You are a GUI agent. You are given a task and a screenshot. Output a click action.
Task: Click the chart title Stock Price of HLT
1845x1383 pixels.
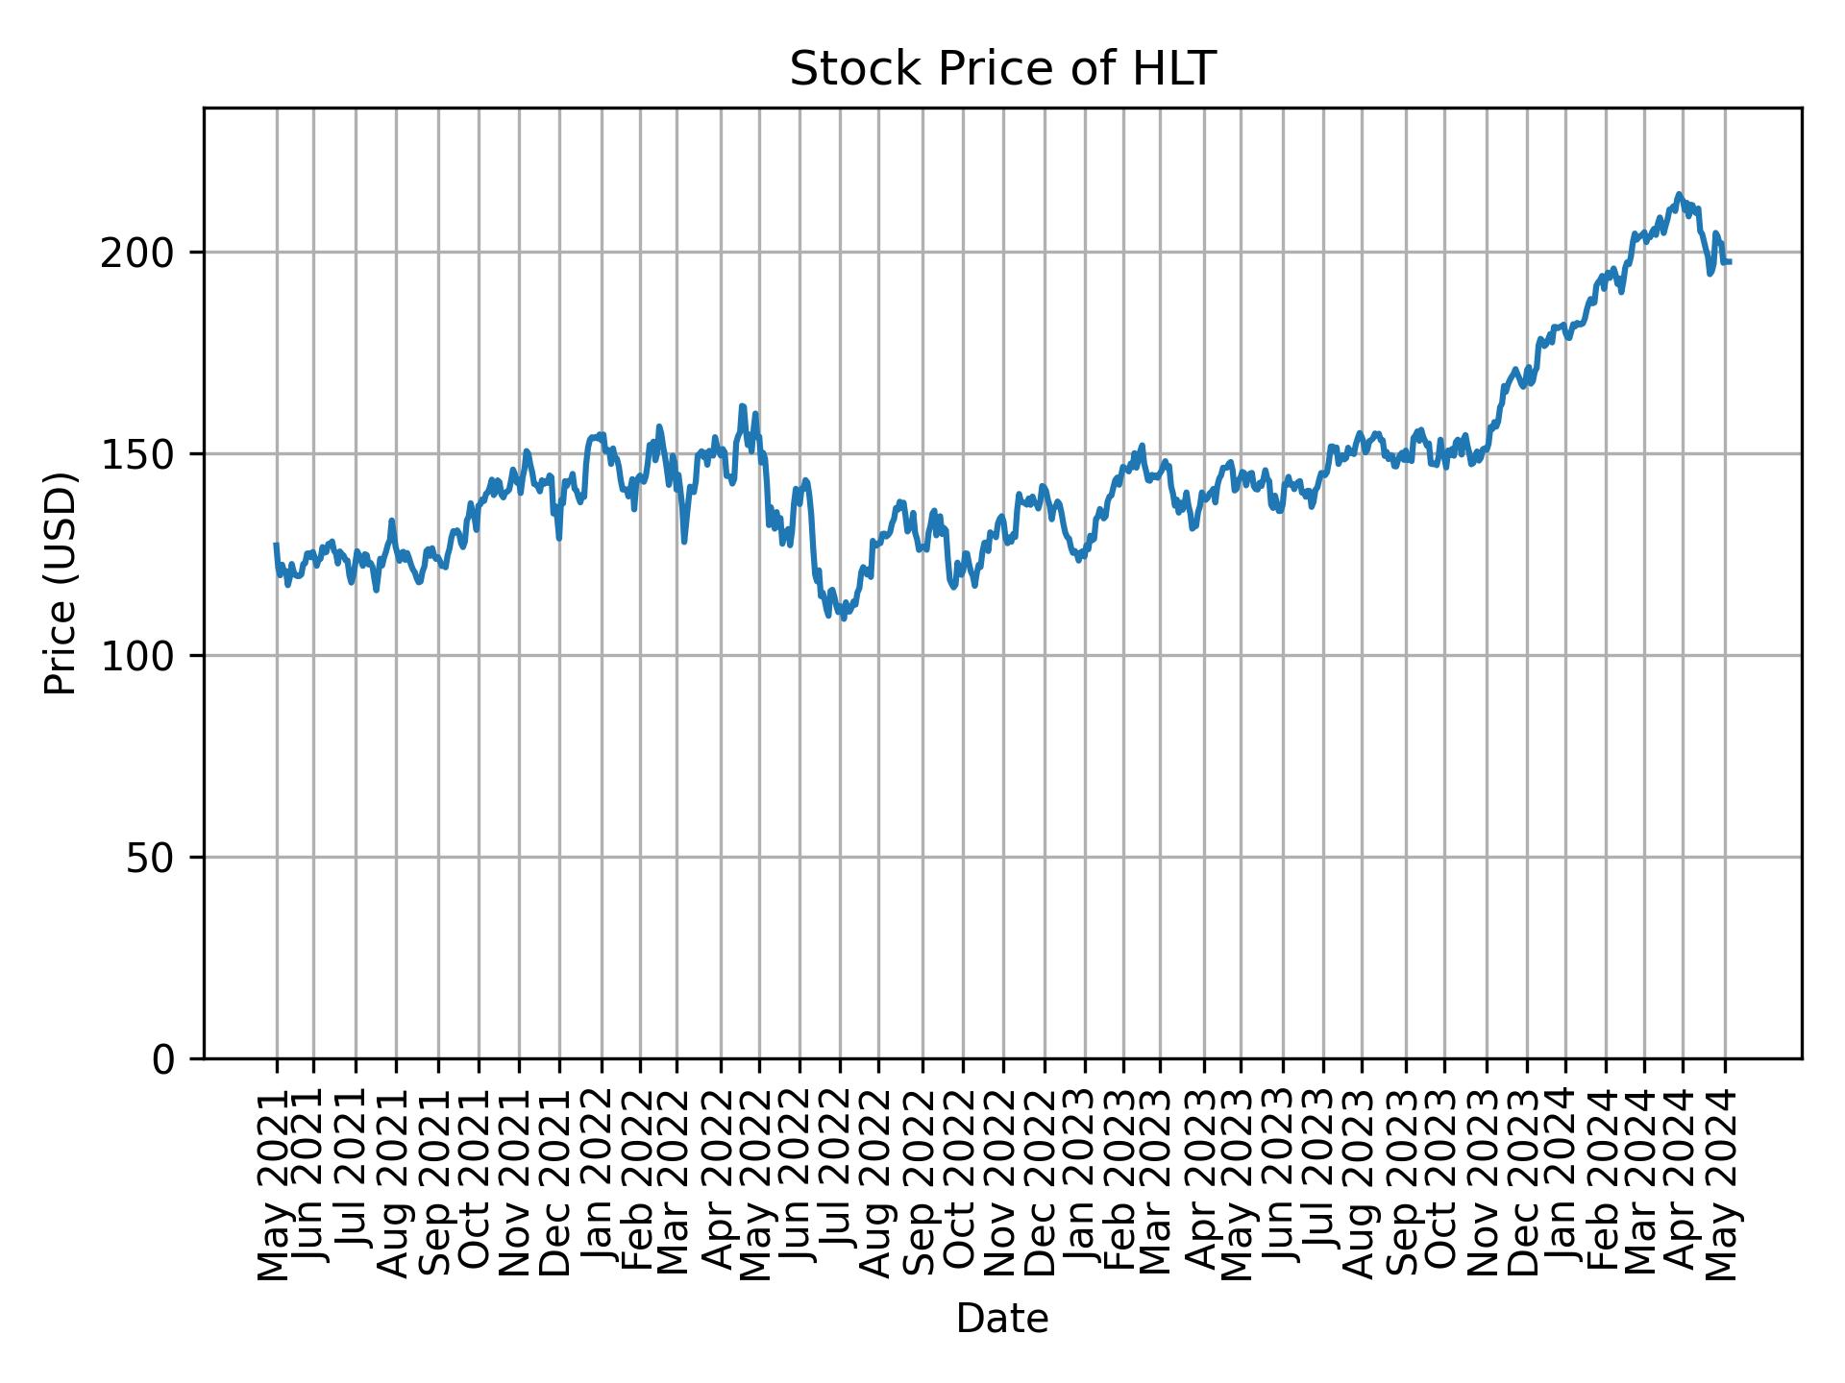(1002, 70)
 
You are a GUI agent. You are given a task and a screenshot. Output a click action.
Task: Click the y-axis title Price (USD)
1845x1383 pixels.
(61, 583)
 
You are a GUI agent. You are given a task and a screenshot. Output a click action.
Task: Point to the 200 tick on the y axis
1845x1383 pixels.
(144, 254)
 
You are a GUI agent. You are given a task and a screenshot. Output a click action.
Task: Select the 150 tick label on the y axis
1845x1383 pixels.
(144, 455)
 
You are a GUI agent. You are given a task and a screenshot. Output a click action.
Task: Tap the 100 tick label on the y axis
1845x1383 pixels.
(144, 657)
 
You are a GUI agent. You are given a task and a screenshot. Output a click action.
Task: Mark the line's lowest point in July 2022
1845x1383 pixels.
(843, 618)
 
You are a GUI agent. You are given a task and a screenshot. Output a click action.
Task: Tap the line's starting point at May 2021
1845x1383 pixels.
(277, 545)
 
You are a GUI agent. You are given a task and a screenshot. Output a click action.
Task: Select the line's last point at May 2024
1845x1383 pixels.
(1730, 262)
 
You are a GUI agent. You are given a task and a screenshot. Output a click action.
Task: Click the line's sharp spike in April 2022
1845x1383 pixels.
(742, 406)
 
